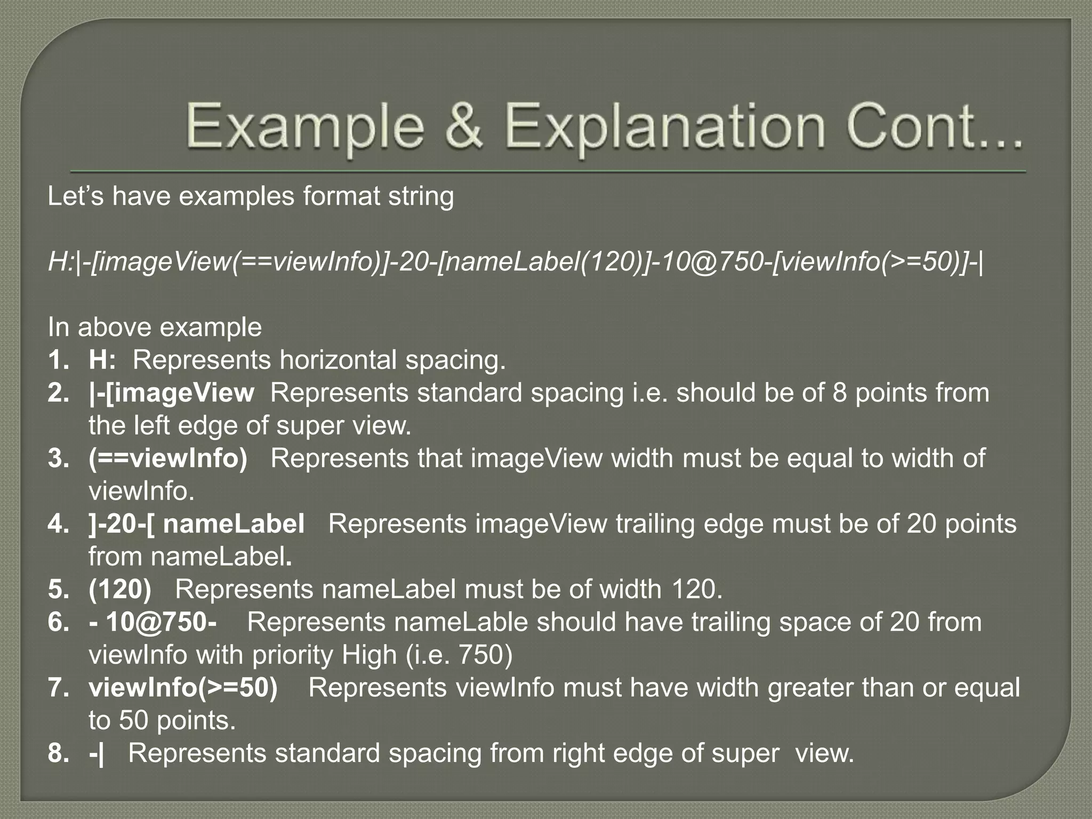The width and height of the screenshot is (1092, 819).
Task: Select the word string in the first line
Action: point(421,196)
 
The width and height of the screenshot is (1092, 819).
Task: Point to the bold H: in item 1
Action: point(102,360)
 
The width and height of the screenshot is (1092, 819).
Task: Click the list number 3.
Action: point(58,459)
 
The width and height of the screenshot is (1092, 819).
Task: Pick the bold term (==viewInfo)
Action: point(168,459)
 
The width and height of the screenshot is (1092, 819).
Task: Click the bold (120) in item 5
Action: point(120,590)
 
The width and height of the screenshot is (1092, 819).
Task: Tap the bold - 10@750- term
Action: point(153,622)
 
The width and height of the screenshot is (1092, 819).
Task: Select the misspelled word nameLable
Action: point(461,622)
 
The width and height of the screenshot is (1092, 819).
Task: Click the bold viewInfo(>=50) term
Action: point(183,688)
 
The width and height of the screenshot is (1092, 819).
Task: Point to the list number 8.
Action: point(58,753)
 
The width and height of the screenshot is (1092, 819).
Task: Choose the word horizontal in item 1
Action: point(338,360)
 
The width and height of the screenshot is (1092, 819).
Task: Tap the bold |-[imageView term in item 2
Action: point(171,393)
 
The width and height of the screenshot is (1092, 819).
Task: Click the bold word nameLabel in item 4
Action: point(234,524)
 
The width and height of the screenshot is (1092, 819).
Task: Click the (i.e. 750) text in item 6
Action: point(459,655)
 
